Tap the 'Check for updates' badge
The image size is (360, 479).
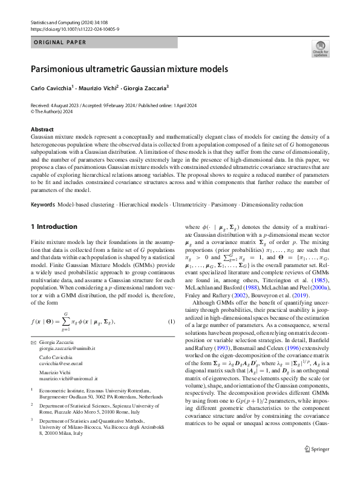pos(320,48)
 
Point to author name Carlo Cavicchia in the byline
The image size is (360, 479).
pos(51,88)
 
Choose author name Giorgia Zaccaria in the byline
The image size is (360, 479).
pos(146,88)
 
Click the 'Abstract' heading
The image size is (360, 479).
pos(42,130)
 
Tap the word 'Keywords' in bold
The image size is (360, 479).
pos(44,205)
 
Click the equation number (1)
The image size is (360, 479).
pos(171,320)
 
